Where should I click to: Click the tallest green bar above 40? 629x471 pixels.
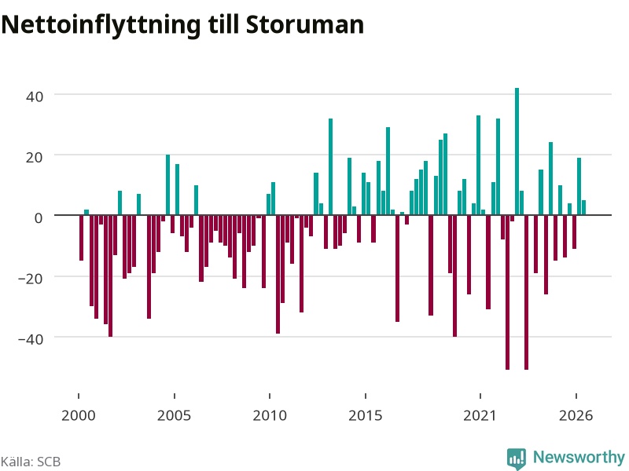tap(517, 152)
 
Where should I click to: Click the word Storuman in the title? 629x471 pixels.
tap(305, 24)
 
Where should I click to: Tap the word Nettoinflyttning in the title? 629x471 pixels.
tap(101, 26)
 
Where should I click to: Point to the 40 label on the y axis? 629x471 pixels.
tap(35, 97)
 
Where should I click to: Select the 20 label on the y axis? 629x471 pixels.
tap(35, 157)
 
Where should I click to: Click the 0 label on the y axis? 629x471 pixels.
tap(39, 218)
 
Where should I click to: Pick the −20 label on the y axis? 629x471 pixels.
tap(31, 279)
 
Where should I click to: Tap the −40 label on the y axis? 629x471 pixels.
tap(31, 339)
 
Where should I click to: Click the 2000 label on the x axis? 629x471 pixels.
tap(78, 415)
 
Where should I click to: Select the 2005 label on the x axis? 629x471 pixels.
tap(174, 415)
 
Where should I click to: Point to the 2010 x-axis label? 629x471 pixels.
tap(270, 415)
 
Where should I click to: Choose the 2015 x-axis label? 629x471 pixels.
tap(366, 415)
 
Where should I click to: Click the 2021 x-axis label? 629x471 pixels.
tap(480, 415)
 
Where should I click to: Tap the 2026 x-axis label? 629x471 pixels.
tap(576, 415)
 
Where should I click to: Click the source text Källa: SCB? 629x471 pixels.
tap(31, 462)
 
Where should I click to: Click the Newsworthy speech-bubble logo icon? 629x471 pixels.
tap(517, 458)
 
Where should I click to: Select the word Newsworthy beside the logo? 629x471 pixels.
tap(579, 457)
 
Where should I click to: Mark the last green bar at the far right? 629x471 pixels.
tap(583, 207)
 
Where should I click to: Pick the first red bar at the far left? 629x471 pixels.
tap(82, 238)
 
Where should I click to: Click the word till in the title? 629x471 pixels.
tap(223, 24)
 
